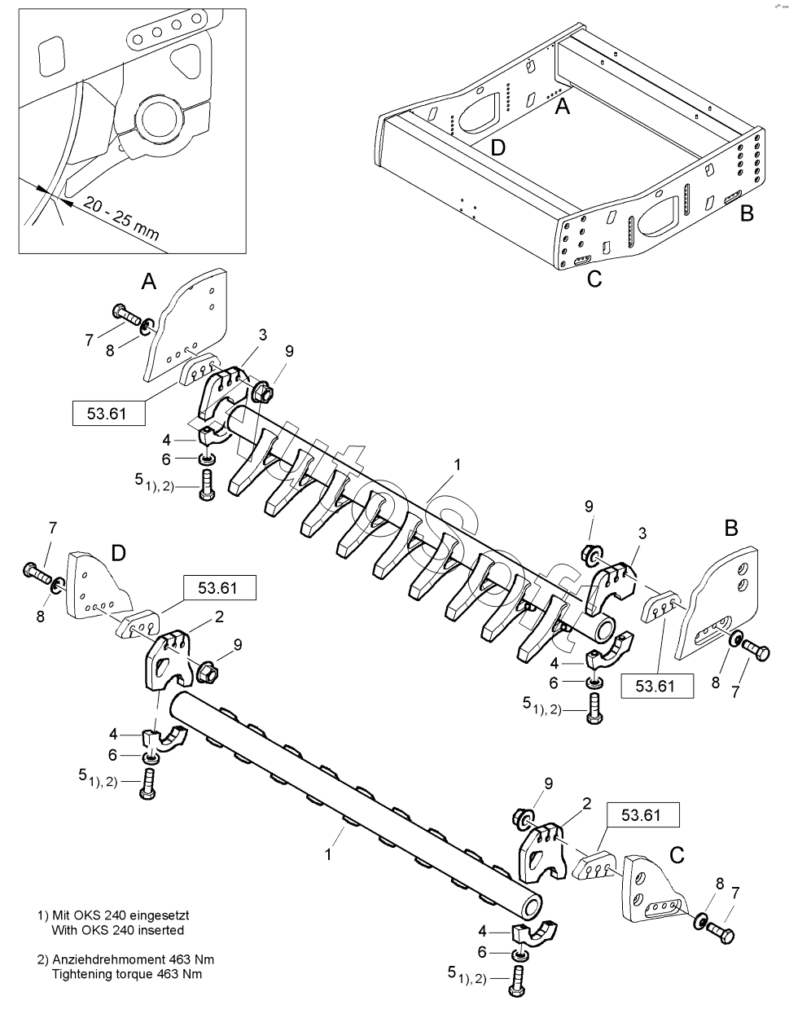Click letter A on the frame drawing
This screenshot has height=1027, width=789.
pos(562,105)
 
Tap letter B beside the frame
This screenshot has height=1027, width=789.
pos(746,213)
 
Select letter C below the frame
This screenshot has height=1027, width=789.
pos(594,278)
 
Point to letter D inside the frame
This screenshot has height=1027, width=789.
pos(498,147)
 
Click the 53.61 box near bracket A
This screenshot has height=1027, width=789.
pos(110,413)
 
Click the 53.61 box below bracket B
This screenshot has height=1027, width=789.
pos(655,686)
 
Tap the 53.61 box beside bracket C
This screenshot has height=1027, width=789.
pos(643,814)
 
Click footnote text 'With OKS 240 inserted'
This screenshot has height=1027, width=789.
pos(117,929)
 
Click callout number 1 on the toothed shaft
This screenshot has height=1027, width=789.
pos(458,464)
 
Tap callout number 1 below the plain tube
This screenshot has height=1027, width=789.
pos(328,854)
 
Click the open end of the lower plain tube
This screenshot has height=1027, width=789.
pos(532,906)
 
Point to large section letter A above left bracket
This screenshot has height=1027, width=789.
pos(148,282)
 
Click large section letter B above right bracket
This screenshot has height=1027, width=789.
pos(731,528)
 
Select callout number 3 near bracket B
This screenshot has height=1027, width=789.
pos(643,533)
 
